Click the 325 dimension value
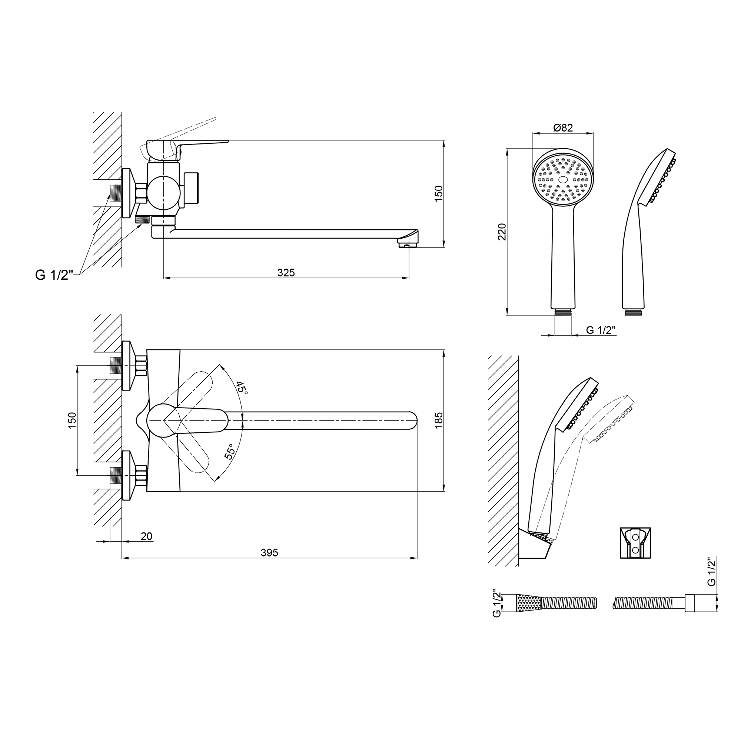pos(286,273)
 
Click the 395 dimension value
pos(269,553)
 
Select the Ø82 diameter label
pos(563,128)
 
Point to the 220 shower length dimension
pos(502,232)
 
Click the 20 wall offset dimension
pos(146,536)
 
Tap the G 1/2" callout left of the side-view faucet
pos(54,275)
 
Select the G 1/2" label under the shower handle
pos(601,330)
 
